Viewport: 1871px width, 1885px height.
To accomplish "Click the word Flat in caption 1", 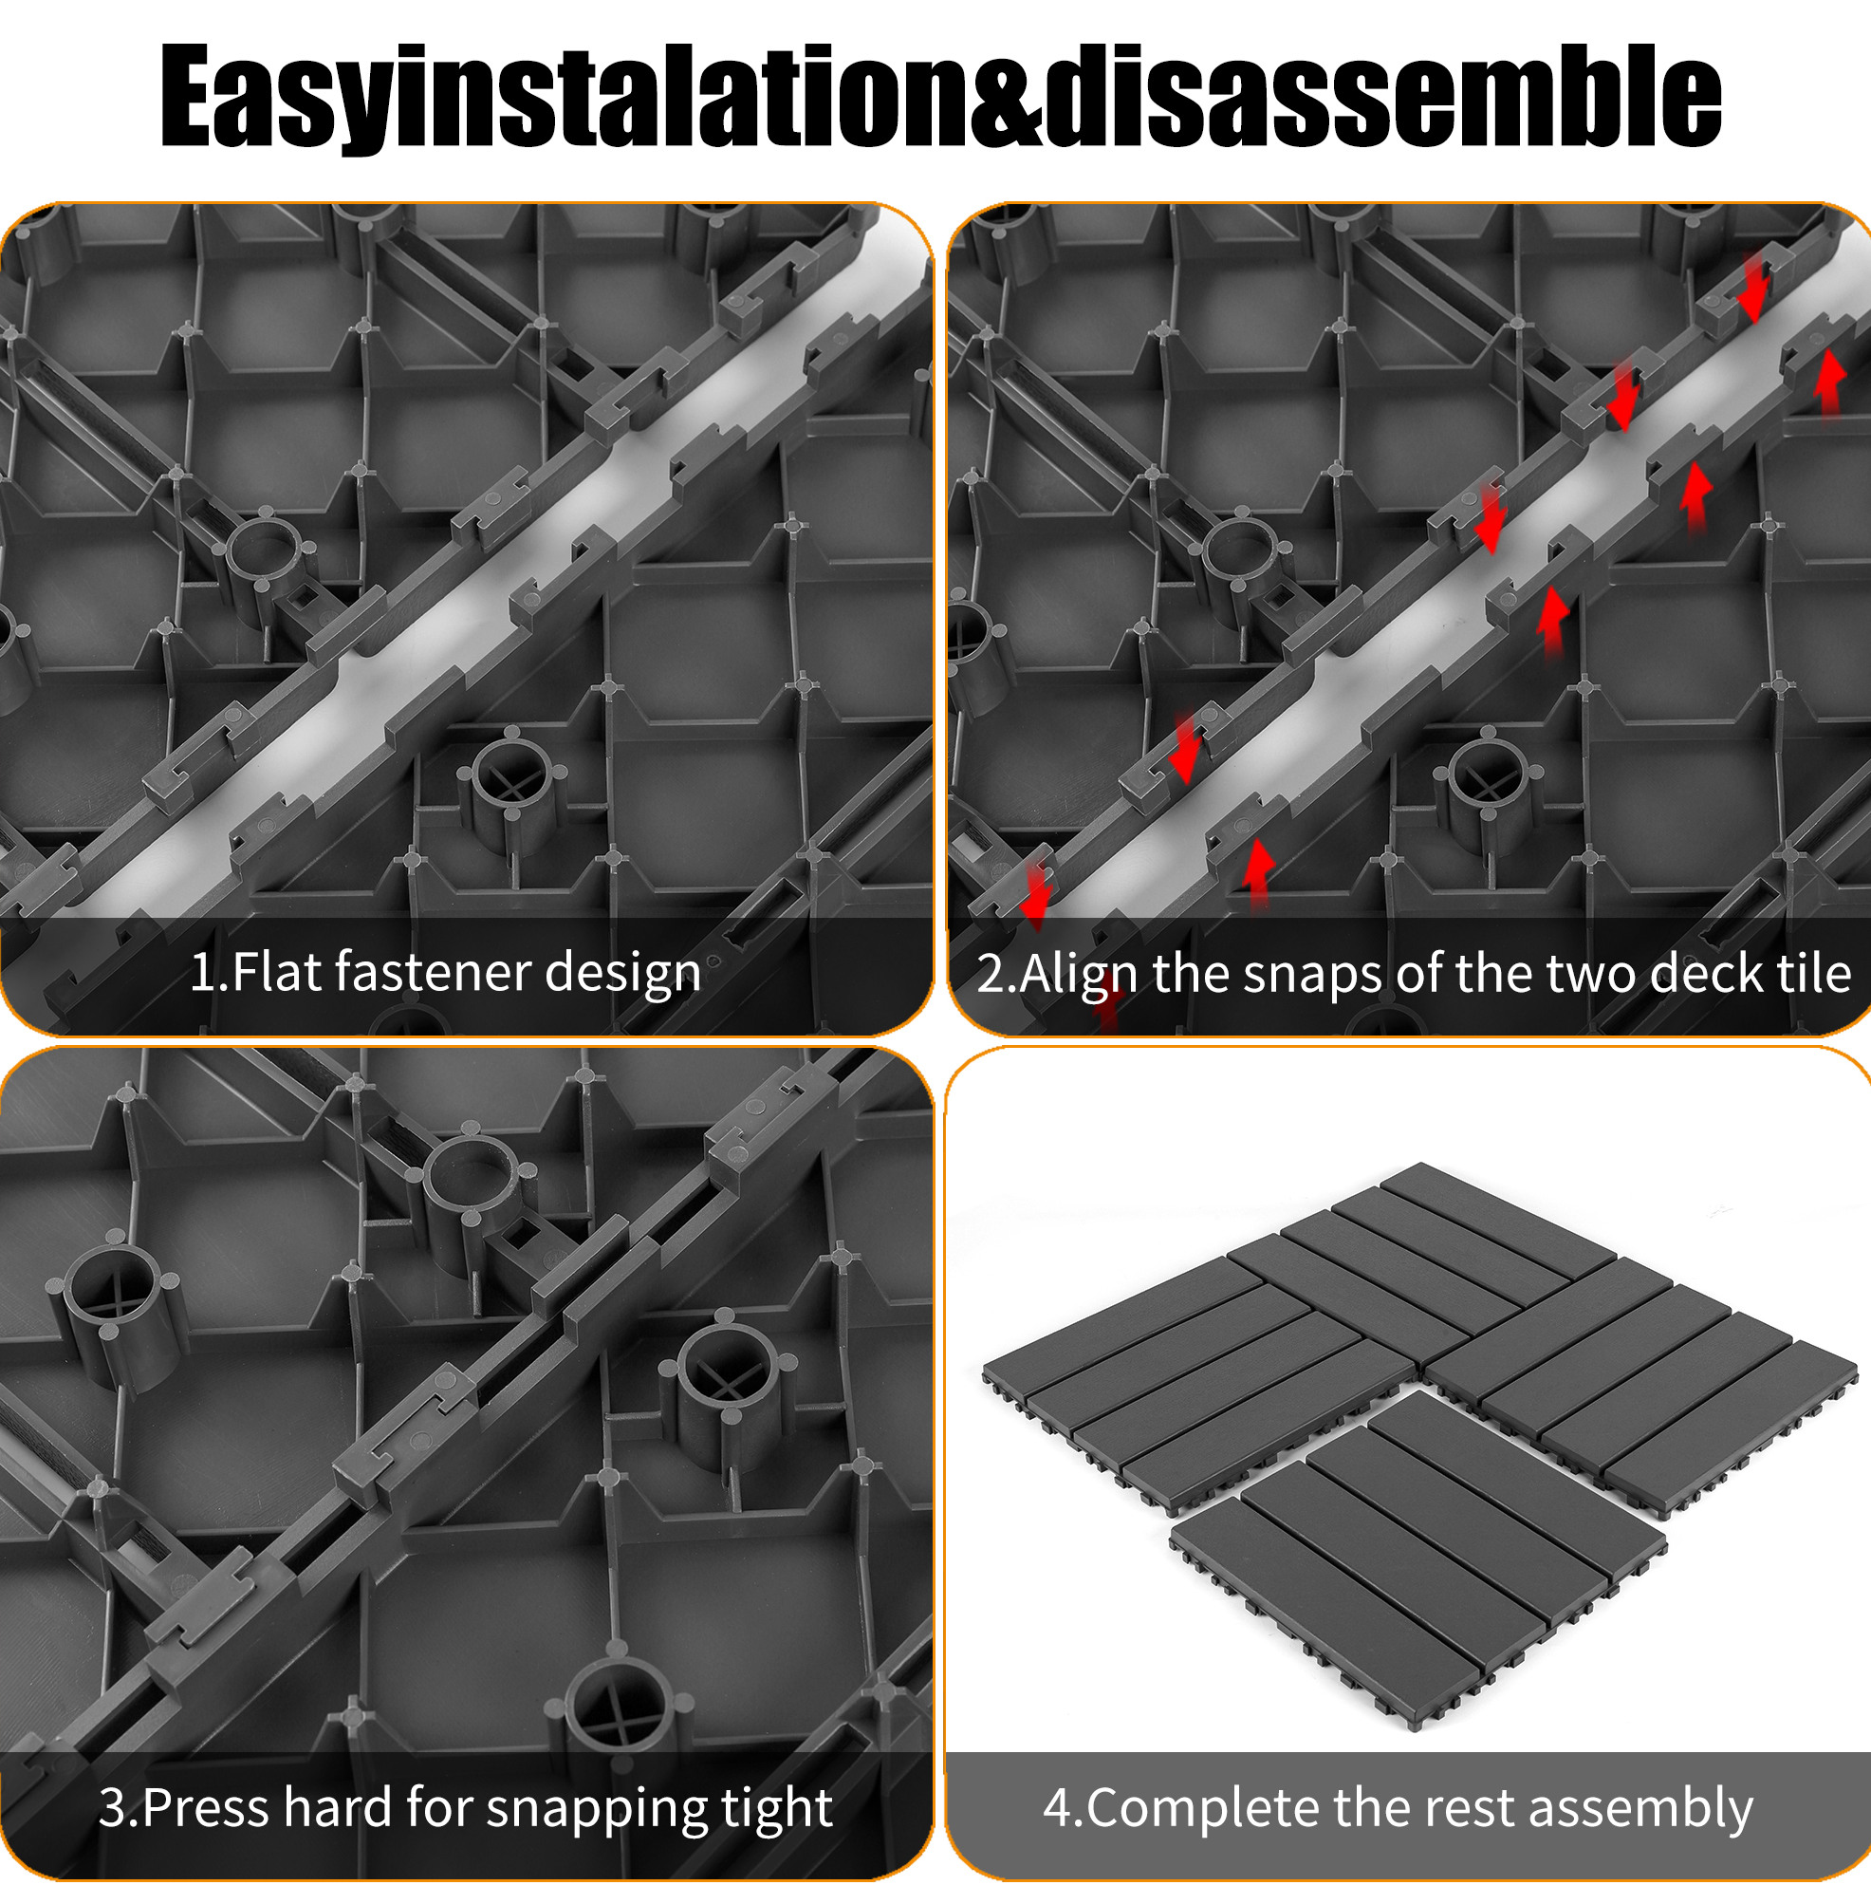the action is tap(275, 972).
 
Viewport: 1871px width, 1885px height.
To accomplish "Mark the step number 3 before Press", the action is tap(114, 1808).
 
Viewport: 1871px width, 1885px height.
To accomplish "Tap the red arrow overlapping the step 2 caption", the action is tap(1106, 1002).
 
